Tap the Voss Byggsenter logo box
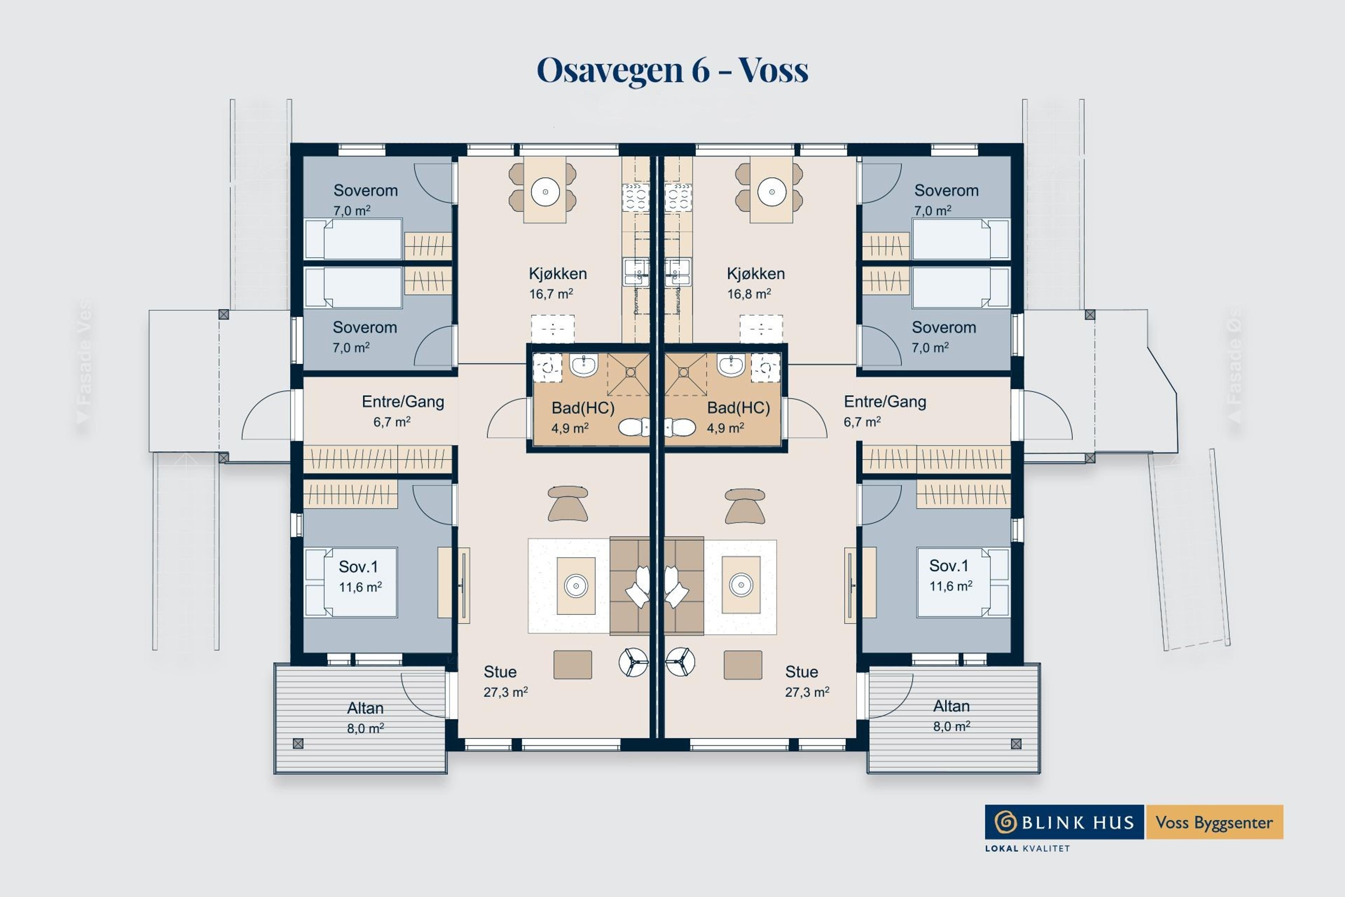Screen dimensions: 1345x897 coord(1213,822)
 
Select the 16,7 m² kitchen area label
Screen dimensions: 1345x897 coord(551,294)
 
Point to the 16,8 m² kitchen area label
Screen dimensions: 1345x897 coord(749,294)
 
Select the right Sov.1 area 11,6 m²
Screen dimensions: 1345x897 coord(950,586)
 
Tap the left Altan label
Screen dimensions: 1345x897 coord(365,708)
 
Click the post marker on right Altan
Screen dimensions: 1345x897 coord(1016,744)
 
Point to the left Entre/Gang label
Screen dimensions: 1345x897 coord(402,402)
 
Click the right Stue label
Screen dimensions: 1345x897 coord(801,672)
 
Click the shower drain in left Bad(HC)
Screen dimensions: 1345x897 coord(630,372)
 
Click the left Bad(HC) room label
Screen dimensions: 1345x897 coord(583,408)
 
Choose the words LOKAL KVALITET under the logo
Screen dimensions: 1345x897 coord(1027,848)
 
